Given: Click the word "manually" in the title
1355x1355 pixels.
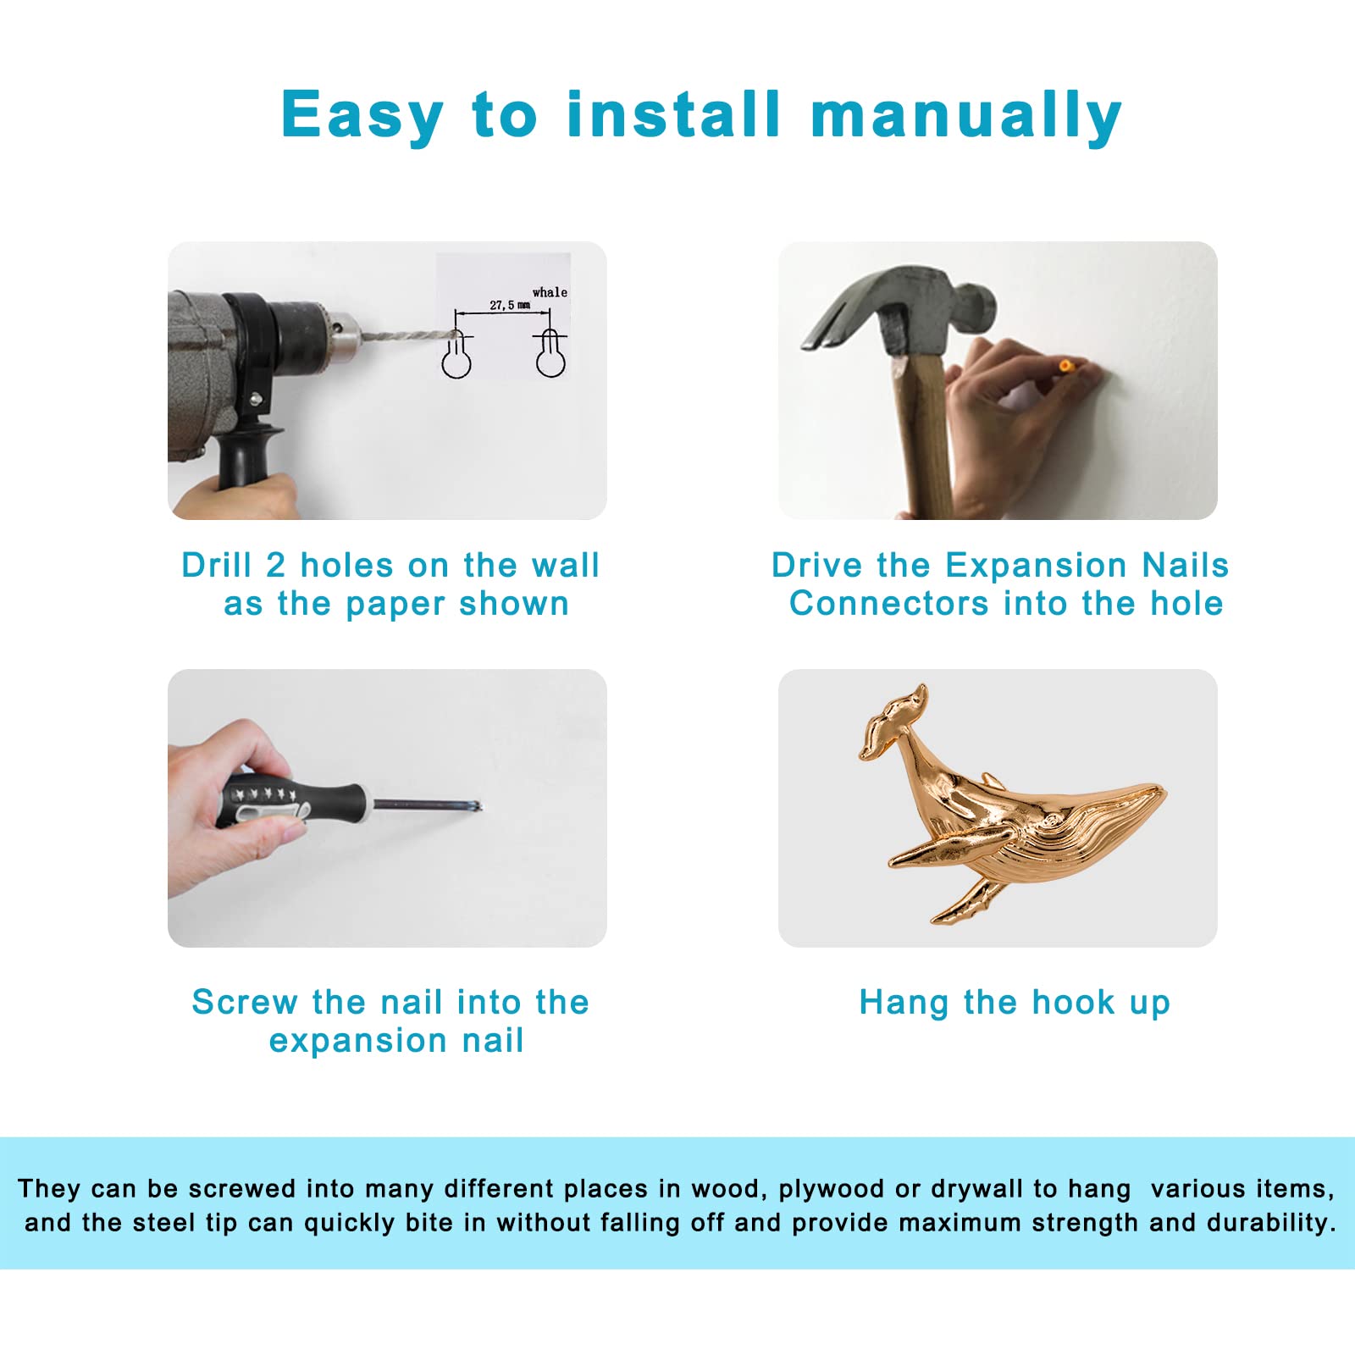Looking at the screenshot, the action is tap(966, 116).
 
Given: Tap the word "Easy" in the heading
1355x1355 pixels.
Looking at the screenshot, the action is tap(362, 116).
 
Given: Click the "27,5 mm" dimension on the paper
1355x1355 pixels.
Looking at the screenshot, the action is tap(510, 305).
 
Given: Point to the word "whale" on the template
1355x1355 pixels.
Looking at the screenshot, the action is tap(550, 292).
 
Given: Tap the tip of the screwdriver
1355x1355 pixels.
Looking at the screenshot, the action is tap(478, 806).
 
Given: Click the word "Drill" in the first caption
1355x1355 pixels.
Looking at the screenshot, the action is tap(217, 566).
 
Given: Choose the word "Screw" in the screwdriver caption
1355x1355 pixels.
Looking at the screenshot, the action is tap(244, 1002).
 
